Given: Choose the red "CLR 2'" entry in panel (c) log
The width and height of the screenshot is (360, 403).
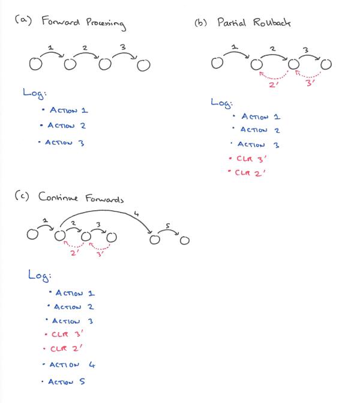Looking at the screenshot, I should point(66,348).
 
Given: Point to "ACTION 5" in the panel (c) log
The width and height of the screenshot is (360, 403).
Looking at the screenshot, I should point(67,381).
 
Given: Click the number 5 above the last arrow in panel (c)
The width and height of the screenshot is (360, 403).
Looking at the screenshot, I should point(168,226).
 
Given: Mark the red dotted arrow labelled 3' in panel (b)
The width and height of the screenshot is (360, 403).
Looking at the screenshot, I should point(309,74).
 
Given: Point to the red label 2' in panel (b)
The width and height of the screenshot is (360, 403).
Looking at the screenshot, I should point(274,85).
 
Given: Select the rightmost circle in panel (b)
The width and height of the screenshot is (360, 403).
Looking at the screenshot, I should point(326,63).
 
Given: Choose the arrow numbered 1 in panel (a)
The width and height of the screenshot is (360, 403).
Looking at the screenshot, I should point(52,53).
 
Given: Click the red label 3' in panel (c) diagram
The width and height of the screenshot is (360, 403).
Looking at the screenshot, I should point(100,253).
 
